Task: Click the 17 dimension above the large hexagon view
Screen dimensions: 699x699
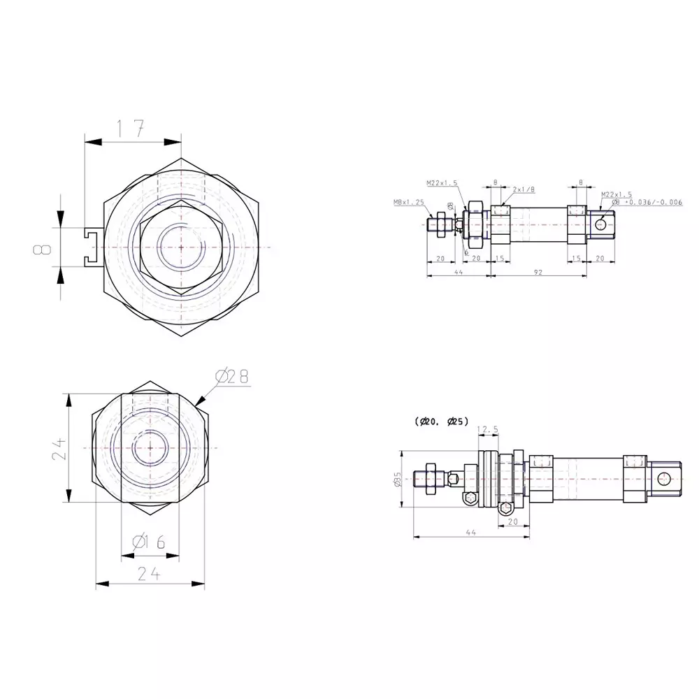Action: [x=130, y=128]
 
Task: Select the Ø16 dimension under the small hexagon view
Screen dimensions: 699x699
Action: [x=149, y=542]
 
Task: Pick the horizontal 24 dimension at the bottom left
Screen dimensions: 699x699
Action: [x=149, y=574]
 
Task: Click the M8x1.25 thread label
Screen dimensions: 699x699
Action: [x=409, y=202]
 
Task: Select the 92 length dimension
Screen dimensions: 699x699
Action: [x=539, y=271]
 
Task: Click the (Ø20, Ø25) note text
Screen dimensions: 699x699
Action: [x=440, y=421]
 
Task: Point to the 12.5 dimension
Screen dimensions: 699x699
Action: [x=487, y=429]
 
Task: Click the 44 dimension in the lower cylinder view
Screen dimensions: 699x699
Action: [x=470, y=533]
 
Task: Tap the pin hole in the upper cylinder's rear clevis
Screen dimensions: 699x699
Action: [x=600, y=224]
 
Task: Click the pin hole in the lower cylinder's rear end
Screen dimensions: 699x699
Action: [x=664, y=478]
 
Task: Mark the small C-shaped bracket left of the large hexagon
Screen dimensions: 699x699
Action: [x=90, y=248]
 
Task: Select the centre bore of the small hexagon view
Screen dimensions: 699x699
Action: [x=149, y=448]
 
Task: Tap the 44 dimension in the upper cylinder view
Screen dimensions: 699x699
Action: [x=459, y=271]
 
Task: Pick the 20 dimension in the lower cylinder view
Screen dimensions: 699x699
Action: [x=512, y=521]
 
